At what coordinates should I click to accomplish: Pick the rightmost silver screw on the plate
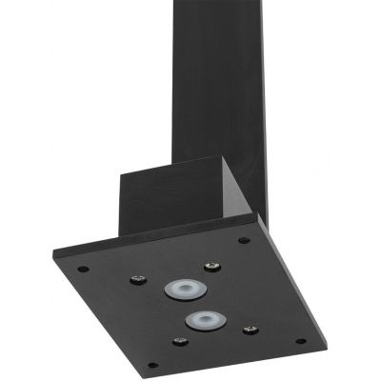pos(251,331)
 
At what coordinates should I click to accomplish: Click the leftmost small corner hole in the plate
pos(83,268)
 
